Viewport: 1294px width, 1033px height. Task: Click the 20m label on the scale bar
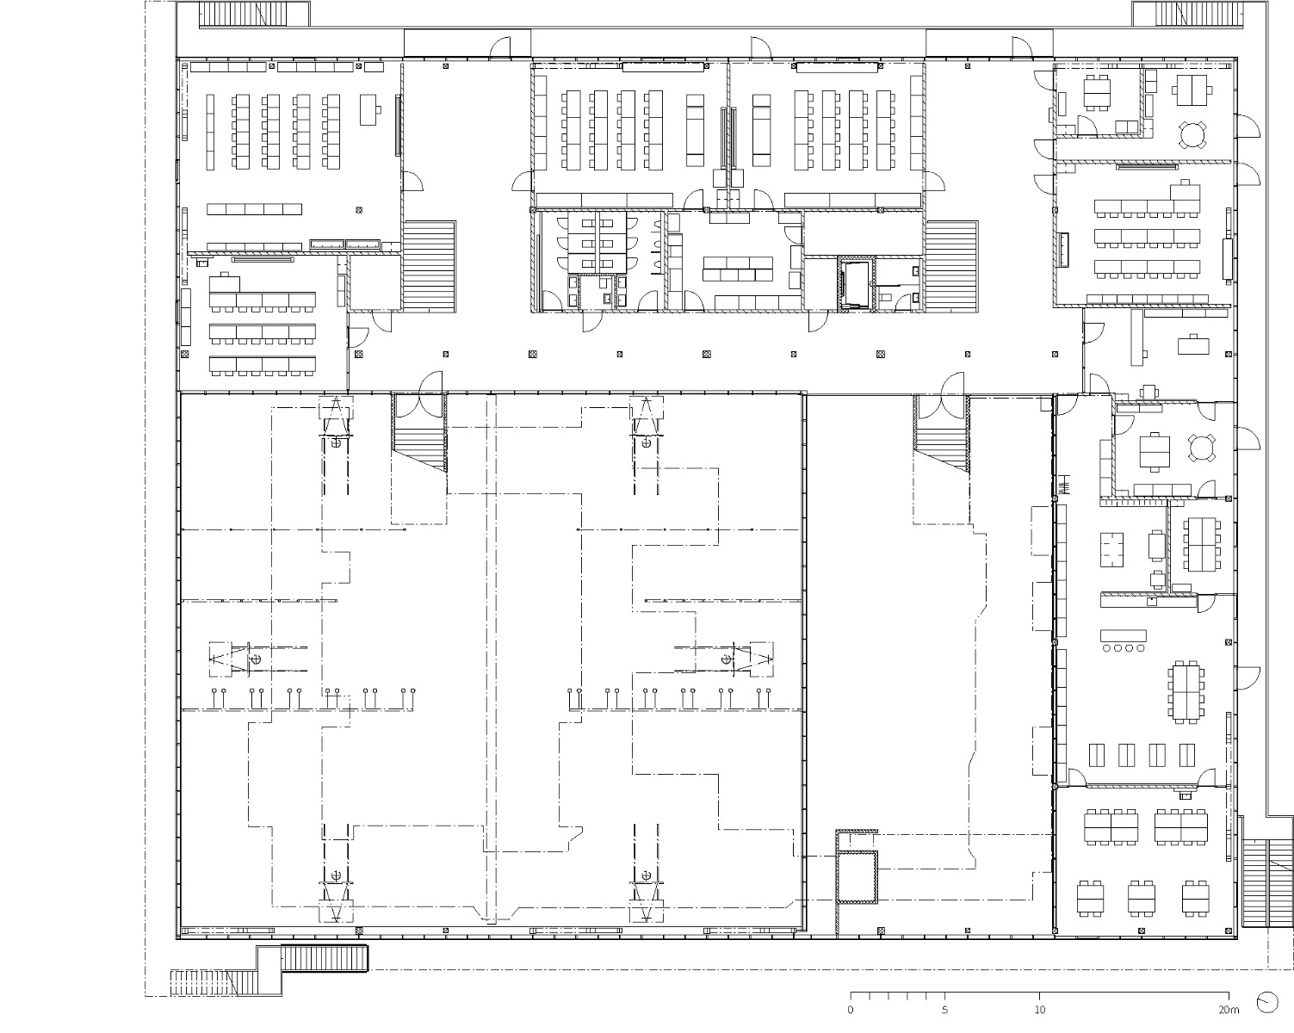[x=1228, y=1010]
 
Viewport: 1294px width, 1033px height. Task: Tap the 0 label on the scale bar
[x=851, y=1010]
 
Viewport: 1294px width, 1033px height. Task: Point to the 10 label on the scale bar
[x=1040, y=1010]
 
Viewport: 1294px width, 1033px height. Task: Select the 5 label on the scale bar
[x=945, y=1010]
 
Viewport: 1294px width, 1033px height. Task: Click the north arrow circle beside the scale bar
[x=1266, y=1002]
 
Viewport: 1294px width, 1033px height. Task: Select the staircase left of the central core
[x=429, y=264]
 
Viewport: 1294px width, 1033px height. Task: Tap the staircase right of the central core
[x=951, y=264]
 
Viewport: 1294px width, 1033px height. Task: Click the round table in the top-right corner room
[x=1193, y=134]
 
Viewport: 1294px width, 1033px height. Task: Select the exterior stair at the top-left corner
[x=226, y=14]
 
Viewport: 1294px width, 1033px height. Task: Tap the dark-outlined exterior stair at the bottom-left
[x=325, y=958]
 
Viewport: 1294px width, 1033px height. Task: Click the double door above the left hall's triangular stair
[x=419, y=387]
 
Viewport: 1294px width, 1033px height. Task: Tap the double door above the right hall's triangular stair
[x=942, y=387]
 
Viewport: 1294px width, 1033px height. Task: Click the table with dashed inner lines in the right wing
[x=1111, y=550]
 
